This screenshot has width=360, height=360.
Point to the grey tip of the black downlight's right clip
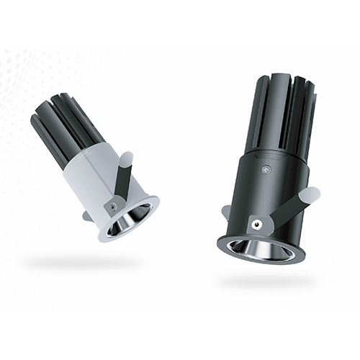312,194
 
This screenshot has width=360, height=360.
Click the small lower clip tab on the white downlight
87,215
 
